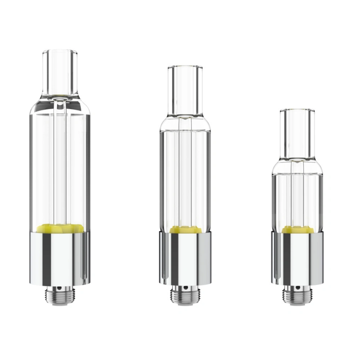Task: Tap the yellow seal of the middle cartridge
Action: tap(184, 230)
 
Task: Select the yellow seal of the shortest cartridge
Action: tap(297, 230)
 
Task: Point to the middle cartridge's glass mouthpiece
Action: tap(185, 90)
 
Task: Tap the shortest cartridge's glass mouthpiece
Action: tap(297, 133)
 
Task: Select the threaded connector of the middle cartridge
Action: tap(184, 296)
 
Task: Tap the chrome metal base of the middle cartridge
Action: tap(184, 257)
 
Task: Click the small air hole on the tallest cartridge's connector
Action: tap(58, 289)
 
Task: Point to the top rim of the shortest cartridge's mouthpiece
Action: tap(297, 109)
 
